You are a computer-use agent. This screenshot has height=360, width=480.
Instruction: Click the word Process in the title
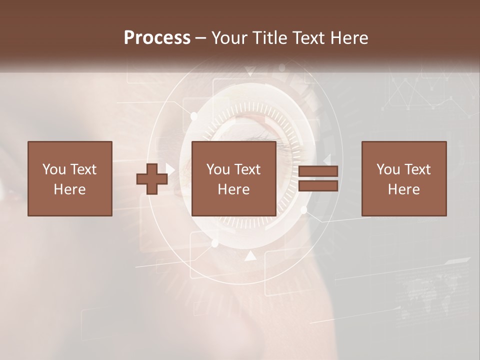coord(157,38)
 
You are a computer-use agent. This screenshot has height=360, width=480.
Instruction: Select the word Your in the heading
coord(228,38)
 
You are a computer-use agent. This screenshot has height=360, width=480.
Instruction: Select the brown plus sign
coord(152,179)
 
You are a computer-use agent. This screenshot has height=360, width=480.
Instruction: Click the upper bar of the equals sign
coord(318,171)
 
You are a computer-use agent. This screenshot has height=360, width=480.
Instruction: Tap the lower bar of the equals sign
coord(318,186)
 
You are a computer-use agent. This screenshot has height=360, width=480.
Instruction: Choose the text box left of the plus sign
coord(70,178)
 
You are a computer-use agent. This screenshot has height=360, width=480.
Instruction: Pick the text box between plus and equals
coord(234,178)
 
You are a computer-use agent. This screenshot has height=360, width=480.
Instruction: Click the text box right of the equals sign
coord(404,178)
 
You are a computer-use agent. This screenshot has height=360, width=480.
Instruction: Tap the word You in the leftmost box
coord(54,169)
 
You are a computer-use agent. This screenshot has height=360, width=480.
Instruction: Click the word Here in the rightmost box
coord(404,189)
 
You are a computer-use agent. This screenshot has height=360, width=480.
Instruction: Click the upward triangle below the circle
coord(250,256)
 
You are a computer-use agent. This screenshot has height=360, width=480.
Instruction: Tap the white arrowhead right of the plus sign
coord(170,170)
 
